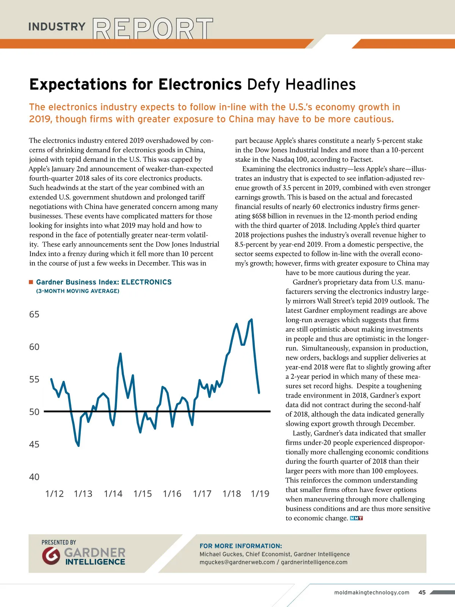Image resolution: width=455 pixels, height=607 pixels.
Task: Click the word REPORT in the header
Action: (x=153, y=28)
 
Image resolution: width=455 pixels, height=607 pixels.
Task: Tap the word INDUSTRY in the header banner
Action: (x=57, y=27)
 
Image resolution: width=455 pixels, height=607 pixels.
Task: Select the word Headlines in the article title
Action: (x=320, y=84)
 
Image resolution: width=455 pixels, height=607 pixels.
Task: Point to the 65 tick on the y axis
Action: (x=34, y=315)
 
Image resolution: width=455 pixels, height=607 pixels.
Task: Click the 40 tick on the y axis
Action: (x=34, y=477)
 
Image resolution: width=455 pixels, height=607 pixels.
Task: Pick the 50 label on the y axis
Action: (x=34, y=412)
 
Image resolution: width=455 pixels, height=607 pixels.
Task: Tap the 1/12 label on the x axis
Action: (x=54, y=494)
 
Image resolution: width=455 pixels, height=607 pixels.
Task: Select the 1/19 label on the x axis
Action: (x=260, y=494)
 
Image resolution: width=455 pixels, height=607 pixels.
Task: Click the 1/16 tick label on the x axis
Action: (x=172, y=494)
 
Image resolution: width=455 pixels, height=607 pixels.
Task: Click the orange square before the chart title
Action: (x=31, y=282)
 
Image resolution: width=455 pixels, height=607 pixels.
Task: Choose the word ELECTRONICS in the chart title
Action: (x=146, y=282)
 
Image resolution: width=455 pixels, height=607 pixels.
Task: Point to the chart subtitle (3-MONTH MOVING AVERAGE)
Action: (x=78, y=291)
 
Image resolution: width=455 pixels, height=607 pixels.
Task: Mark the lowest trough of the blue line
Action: (x=78, y=445)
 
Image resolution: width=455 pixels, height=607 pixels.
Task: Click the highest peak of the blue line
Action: (x=251, y=319)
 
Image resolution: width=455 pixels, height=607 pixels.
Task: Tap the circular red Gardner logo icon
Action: (x=51, y=556)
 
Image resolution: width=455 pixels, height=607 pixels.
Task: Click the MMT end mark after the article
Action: (x=356, y=518)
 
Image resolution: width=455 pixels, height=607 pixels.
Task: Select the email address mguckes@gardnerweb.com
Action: (x=237, y=562)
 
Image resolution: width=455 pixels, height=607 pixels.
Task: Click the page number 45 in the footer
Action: (x=422, y=592)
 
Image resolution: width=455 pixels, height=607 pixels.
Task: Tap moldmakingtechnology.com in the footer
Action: (x=372, y=593)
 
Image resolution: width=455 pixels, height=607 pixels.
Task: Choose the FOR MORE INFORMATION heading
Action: (x=241, y=546)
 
